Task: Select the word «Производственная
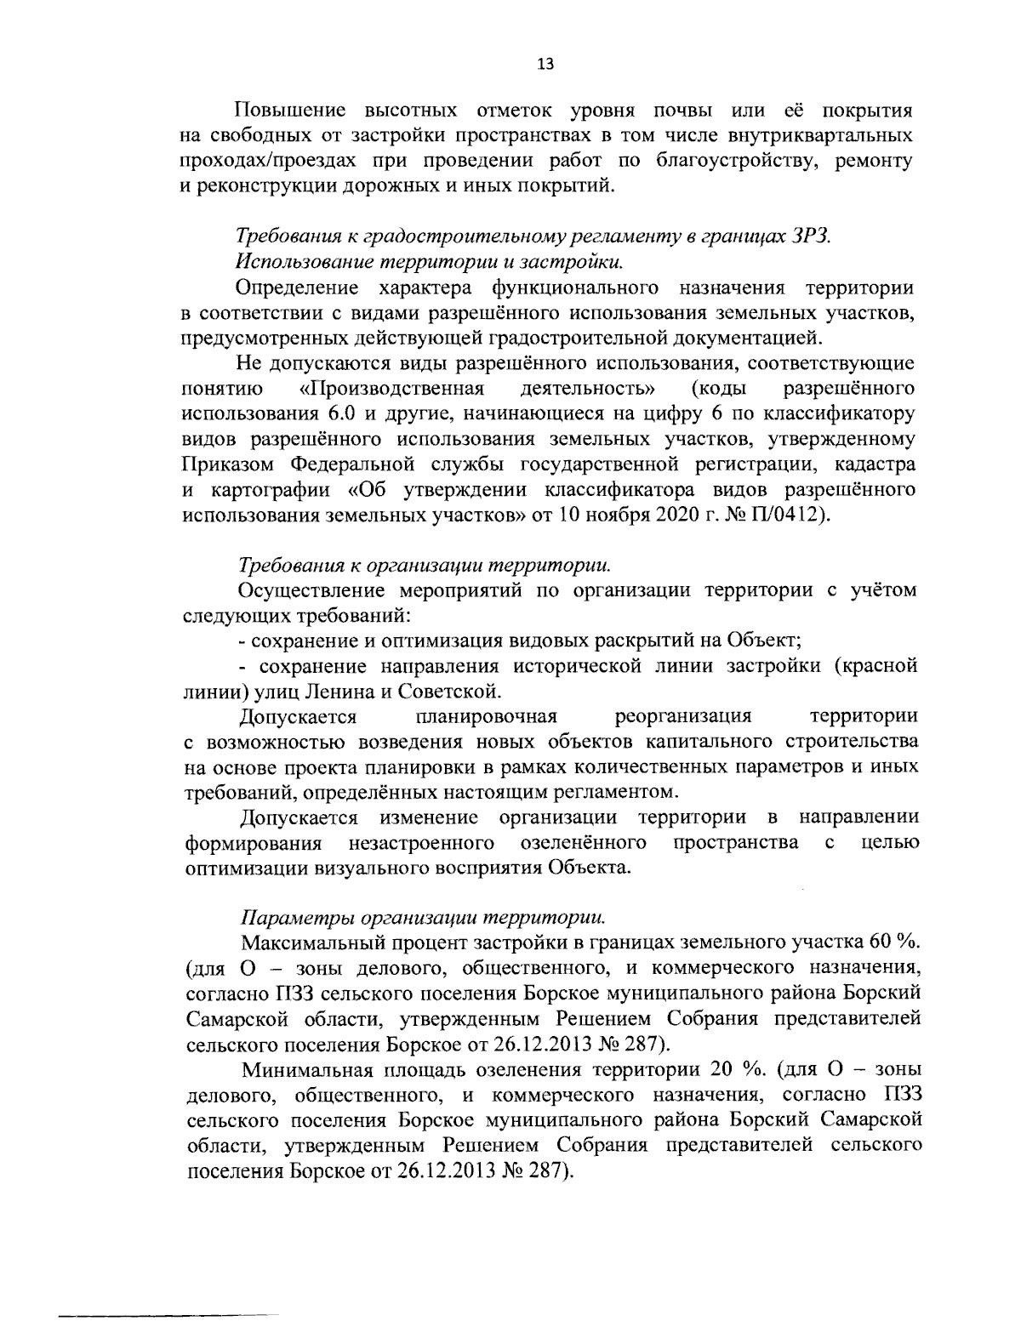click(392, 390)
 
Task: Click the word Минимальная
click(296, 1068)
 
